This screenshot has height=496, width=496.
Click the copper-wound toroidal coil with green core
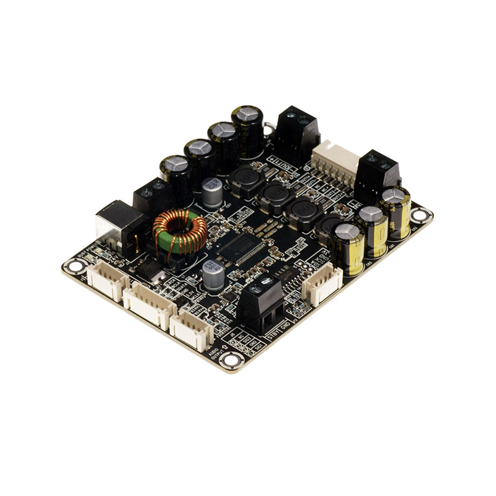[180, 232]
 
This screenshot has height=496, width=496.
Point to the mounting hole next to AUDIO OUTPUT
[231, 360]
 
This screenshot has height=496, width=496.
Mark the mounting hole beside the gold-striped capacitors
[421, 215]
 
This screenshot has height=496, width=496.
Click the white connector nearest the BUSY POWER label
[108, 281]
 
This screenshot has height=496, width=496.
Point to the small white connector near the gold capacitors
[322, 286]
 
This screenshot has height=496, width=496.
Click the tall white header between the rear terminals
[335, 164]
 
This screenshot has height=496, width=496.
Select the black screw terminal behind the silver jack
[153, 195]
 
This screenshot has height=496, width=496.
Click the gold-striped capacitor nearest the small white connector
[349, 248]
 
